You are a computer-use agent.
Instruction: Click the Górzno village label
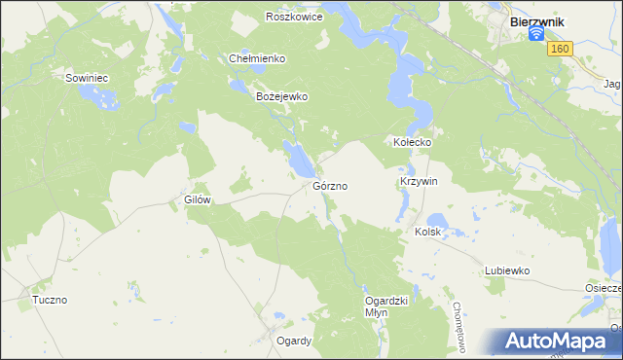pyautogui.click(x=331, y=185)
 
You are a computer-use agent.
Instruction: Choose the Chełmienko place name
pyautogui.click(x=256, y=58)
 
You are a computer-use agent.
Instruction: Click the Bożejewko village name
pyautogui.click(x=281, y=97)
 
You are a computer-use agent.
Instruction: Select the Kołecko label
pyautogui.click(x=412, y=142)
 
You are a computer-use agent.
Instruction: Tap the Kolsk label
pyautogui.click(x=428, y=232)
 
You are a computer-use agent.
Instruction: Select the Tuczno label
pyautogui.click(x=49, y=300)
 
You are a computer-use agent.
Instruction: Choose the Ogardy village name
pyautogui.click(x=293, y=341)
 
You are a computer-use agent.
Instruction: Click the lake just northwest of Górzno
pyautogui.click(x=295, y=153)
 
